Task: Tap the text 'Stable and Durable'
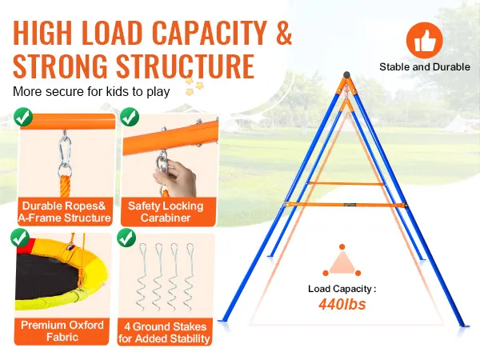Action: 424,67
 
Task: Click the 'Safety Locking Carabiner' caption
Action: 166,212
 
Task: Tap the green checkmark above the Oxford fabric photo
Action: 19,238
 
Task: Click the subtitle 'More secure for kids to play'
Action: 90,91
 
